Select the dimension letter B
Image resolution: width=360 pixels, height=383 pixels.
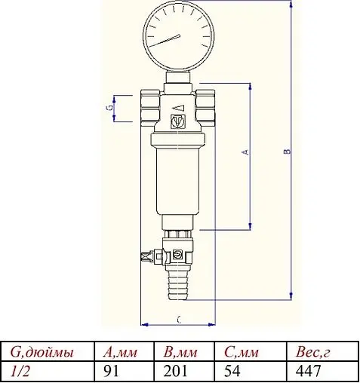(286, 152)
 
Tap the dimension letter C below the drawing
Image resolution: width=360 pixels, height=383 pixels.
(178, 320)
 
